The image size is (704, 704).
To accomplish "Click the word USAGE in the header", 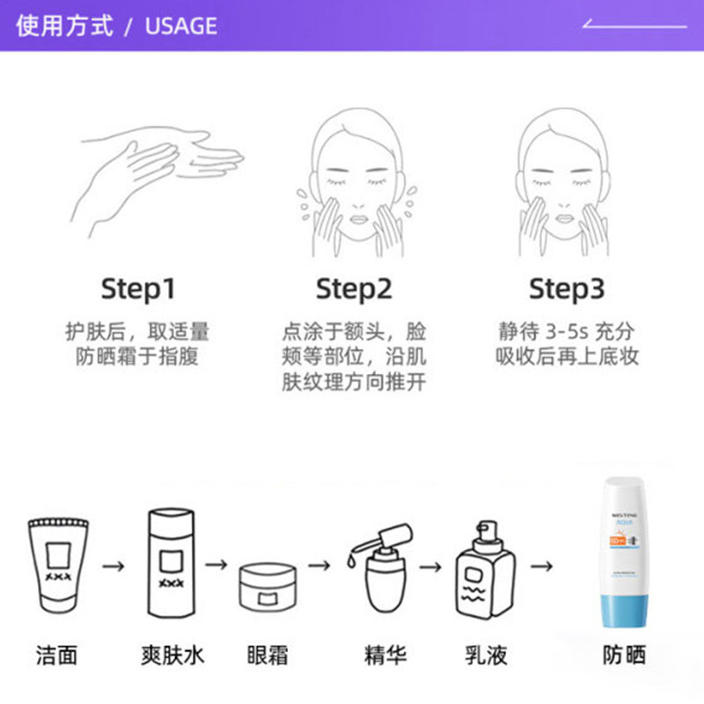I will (x=180, y=26).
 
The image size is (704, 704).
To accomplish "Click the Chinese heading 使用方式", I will (x=65, y=26).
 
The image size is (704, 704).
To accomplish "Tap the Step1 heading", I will (x=138, y=289).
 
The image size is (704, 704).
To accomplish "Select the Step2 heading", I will (x=354, y=289).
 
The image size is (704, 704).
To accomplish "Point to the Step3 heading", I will (x=568, y=289).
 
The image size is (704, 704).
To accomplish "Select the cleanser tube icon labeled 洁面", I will (x=58, y=563).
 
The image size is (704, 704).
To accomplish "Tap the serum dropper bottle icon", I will (x=383, y=568).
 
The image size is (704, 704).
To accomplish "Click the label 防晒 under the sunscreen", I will (x=624, y=656).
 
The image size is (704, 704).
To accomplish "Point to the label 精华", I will (x=385, y=656).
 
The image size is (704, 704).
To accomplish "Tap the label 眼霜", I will (x=268, y=656).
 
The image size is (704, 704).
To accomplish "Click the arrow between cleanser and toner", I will (x=113, y=565).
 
